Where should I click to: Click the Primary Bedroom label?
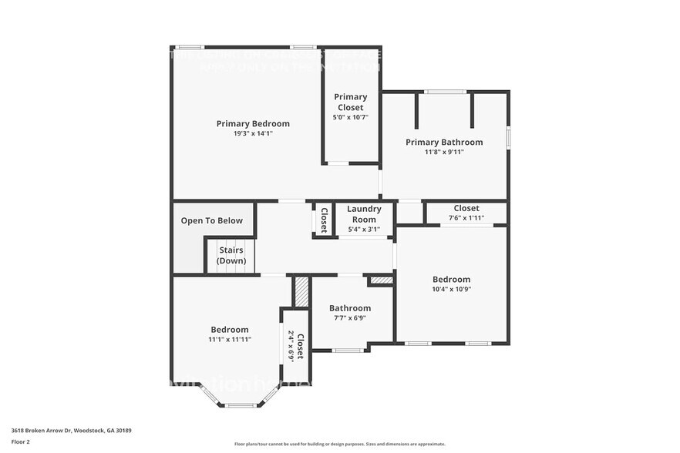coord(253,123)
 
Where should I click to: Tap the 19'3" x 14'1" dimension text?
coord(253,133)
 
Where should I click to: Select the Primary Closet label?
coord(350,102)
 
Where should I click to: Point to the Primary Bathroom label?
coord(444,142)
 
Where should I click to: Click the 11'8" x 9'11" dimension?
coord(444,152)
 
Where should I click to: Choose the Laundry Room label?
coord(364,213)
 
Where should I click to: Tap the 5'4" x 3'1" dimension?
coord(364,229)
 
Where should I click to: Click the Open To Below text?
coord(212,220)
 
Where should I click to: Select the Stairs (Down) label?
coord(231,255)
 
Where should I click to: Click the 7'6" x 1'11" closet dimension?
coord(466,218)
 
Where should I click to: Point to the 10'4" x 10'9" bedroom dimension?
coord(451,290)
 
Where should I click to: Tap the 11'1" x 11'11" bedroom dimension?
coord(230,339)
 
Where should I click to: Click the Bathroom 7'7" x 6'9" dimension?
coord(350,318)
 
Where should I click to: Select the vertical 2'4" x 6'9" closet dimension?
coord(291,345)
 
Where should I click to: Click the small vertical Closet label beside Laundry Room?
coord(324,220)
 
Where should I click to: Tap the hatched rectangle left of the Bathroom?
coord(301,292)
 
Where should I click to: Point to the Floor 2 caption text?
coord(21,441)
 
